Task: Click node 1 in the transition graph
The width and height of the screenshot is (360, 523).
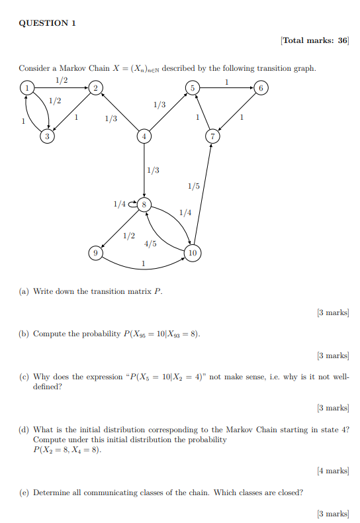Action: (26, 87)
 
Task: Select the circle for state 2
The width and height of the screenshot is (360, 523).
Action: (95, 87)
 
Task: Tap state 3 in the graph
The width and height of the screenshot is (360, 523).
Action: (47, 136)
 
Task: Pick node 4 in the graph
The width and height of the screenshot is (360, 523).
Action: (144, 136)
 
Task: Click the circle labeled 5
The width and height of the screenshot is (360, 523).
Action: (193, 87)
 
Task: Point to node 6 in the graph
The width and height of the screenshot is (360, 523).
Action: (261, 87)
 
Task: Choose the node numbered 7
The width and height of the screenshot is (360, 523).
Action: (212, 136)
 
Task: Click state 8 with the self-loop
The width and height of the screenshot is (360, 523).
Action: (144, 203)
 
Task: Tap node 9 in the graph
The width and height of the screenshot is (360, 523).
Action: (96, 252)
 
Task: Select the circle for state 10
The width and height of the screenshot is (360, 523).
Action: (193, 252)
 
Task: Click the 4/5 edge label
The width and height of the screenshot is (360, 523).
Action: (150, 244)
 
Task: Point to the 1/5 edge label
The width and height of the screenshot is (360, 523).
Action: (193, 187)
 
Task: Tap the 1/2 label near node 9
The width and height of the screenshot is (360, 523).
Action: (129, 236)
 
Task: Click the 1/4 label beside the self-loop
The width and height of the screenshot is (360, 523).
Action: (119, 204)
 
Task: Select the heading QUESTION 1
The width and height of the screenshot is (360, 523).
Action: (47, 23)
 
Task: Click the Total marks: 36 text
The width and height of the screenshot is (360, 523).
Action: (314, 41)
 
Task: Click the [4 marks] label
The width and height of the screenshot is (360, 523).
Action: (333, 471)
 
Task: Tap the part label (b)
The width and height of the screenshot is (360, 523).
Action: (24, 334)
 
